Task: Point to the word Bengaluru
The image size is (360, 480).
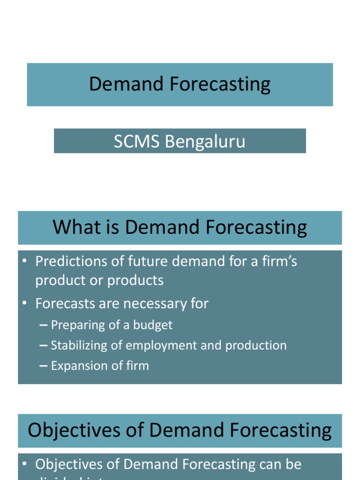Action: pyautogui.click(x=205, y=141)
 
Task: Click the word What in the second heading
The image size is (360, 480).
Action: pyautogui.click(x=70, y=227)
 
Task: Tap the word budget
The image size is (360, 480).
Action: pyautogui.click(x=154, y=325)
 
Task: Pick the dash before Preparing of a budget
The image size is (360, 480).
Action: pyautogui.click(x=44, y=325)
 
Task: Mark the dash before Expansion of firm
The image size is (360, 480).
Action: pyautogui.click(x=44, y=366)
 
